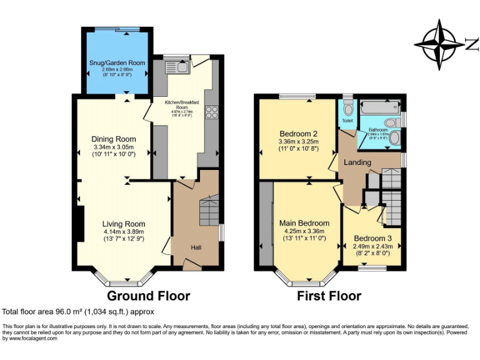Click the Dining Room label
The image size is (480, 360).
click(114, 139)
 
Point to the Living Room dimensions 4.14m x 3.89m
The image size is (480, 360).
click(124, 232)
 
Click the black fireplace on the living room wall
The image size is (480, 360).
click(80, 223)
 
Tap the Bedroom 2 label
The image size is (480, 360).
click(298, 134)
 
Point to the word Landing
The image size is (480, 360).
click(357, 162)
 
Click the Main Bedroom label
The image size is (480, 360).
click(304, 223)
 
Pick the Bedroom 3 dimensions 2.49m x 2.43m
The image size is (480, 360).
click(373, 246)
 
